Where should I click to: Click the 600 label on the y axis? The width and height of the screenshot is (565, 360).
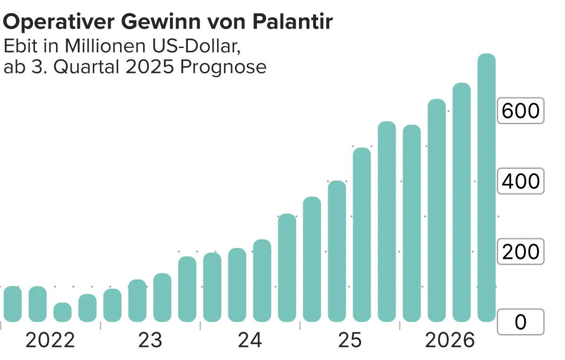[x=520, y=111]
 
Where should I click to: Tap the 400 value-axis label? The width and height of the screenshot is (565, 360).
[x=520, y=181]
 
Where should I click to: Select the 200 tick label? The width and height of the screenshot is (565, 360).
[x=520, y=252]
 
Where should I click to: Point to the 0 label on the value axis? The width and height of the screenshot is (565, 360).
[x=520, y=322]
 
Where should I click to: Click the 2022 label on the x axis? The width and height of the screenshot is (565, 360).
[x=50, y=340]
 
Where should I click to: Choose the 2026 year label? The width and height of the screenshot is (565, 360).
[x=450, y=340]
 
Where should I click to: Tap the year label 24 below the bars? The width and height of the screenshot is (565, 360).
[x=250, y=340]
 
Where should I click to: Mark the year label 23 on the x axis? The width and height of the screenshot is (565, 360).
[x=150, y=340]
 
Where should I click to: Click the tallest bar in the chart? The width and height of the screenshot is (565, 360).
[x=487, y=188]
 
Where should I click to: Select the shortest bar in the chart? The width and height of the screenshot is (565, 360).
[x=63, y=312]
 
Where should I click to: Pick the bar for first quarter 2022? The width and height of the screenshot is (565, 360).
[x=13, y=304]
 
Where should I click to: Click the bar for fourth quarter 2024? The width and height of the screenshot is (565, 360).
[x=287, y=268]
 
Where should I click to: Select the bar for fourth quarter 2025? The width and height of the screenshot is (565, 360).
[x=387, y=222]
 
